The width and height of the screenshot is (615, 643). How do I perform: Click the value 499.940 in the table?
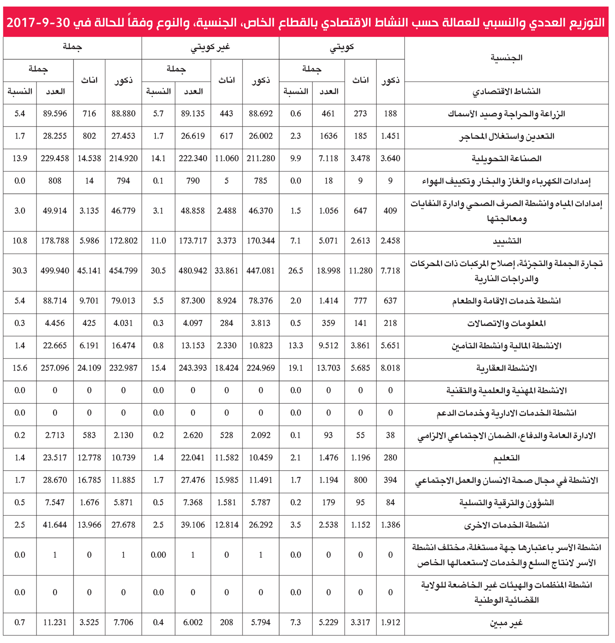coord(55,271)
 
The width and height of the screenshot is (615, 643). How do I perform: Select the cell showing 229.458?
coord(55,158)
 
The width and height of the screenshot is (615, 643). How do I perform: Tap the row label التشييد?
coord(507,241)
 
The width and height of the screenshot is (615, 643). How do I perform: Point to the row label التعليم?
coord(507,458)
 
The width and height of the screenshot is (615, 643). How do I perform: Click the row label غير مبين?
coord(507,623)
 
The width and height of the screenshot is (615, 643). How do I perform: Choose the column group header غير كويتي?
coord(210,48)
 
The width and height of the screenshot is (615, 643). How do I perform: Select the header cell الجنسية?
coord(507,58)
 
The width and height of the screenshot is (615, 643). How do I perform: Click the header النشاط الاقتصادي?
coord(507,91)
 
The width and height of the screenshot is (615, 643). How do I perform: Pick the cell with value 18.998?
coord(328,271)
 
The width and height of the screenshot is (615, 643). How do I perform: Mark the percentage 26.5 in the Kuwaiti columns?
coord(296,271)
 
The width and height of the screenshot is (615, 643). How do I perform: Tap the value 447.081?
coord(261,271)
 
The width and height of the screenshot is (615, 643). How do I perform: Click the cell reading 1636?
coord(328,136)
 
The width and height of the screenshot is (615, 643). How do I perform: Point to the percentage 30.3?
coord(20,271)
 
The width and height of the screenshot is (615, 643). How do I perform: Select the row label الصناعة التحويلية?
coord(507,159)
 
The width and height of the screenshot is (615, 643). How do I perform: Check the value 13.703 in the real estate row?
coord(328,368)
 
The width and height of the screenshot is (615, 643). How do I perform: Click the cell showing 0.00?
coord(158,555)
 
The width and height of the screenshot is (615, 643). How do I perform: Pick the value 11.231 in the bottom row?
coord(55,623)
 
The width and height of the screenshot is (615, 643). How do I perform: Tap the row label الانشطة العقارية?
coord(507,368)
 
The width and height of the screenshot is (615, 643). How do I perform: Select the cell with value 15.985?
coord(226,480)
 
